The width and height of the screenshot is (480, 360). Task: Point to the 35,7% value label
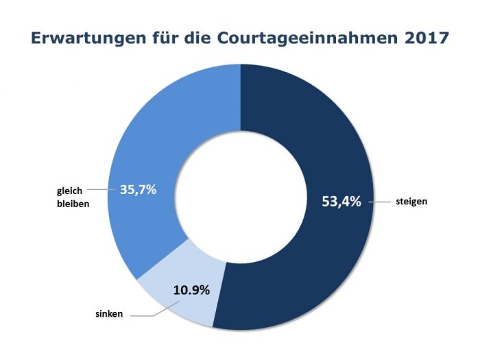click(x=139, y=189)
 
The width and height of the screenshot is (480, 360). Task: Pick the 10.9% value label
click(x=191, y=290)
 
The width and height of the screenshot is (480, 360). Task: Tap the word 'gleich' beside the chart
click(x=70, y=190)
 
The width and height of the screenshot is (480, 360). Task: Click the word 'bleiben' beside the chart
click(x=73, y=204)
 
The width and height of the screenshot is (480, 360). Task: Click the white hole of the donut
click(x=240, y=195)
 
